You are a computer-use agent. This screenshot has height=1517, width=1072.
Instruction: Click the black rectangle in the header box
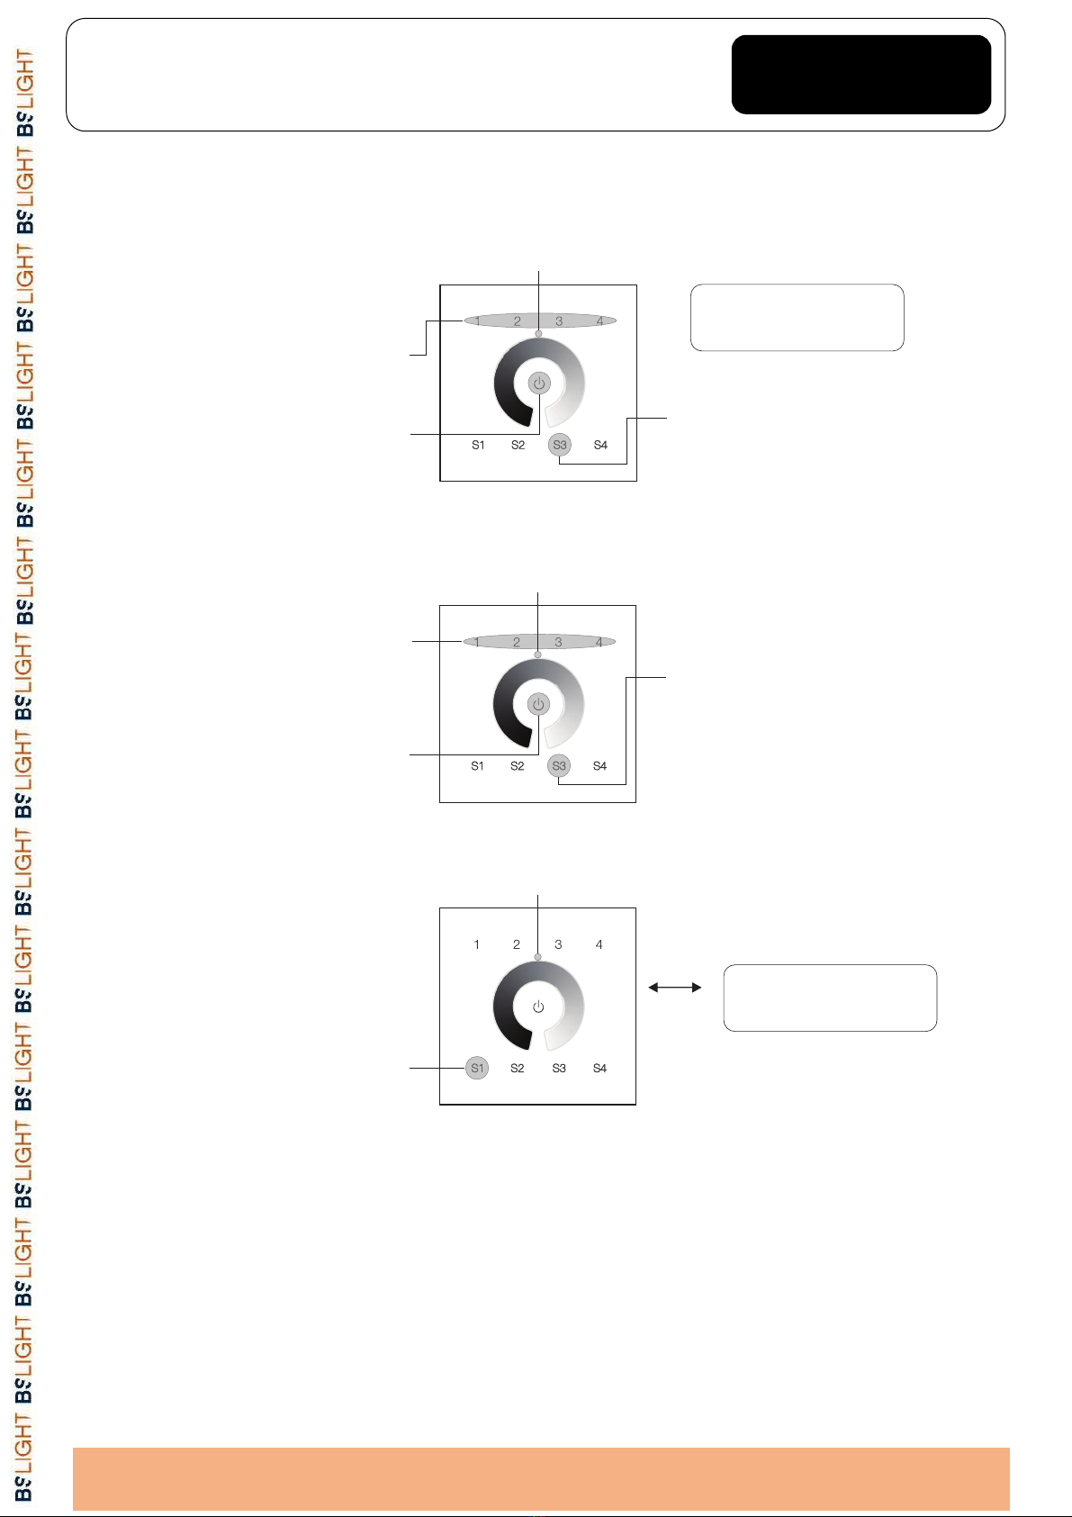pos(860,75)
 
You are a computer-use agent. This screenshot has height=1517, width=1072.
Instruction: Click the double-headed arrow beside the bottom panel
pos(675,988)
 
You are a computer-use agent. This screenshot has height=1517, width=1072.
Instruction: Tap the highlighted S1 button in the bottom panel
pos(477,1069)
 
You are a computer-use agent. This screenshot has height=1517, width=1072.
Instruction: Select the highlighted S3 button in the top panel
pos(560,445)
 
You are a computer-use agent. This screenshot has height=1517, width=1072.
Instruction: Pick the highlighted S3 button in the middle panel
pos(559,766)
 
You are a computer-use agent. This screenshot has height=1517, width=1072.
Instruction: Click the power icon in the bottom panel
pos(538,1007)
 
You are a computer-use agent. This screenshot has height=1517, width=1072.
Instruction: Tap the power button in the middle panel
pos(538,704)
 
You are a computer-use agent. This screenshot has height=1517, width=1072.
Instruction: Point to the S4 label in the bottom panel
pos(599,1069)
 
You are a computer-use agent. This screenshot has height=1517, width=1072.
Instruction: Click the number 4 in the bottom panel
pos(599,944)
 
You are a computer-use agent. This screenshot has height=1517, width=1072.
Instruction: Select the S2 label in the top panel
pos(518,445)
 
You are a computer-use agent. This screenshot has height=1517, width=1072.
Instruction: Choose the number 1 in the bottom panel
pos(476,944)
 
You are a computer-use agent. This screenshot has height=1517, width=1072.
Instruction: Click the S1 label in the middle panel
pos(477,766)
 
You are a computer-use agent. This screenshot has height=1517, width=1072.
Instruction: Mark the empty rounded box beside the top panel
pos(797,317)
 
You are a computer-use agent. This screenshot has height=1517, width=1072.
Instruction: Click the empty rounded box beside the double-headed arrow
pos(830,998)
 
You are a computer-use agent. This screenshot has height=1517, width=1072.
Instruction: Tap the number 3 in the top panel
pos(559,321)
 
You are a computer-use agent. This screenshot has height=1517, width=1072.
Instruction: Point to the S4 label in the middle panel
pos(599,766)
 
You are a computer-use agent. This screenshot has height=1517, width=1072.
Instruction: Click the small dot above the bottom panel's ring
pos(538,957)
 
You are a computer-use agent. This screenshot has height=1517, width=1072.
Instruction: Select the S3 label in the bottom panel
pos(559,1069)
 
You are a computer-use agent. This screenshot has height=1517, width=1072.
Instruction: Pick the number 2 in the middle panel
pos(517,642)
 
